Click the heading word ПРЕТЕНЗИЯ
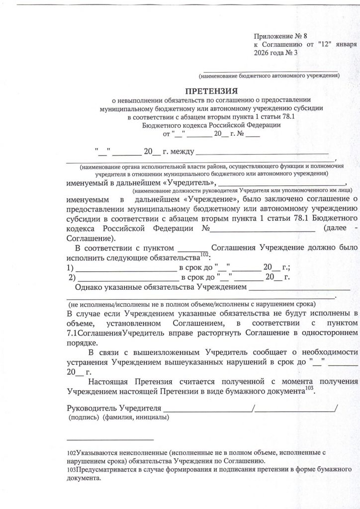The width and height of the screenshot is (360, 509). (x=211, y=91)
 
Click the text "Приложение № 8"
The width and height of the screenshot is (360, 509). (x=281, y=36)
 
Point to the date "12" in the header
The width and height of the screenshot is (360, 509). (x=326, y=45)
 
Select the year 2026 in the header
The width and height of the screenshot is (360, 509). (x=262, y=53)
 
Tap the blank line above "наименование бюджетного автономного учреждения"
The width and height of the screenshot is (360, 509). (x=269, y=70)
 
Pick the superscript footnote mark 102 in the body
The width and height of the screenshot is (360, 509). (x=203, y=255)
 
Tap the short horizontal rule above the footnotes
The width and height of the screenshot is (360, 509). (x=110, y=439)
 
